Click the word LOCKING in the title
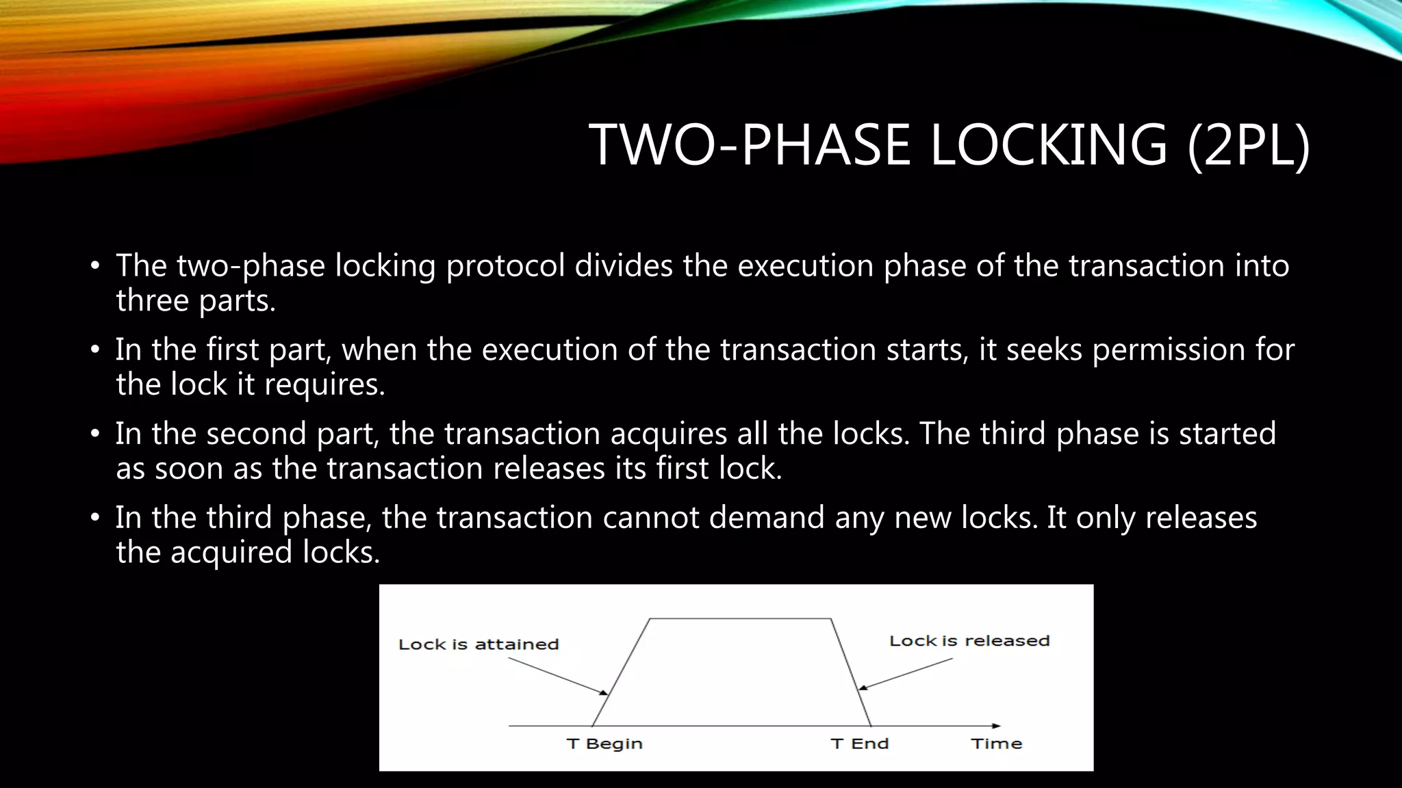tap(1047, 144)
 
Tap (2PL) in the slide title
tap(1249, 144)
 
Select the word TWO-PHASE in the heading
tap(750, 144)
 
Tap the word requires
tap(324, 384)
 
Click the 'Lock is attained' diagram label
tap(479, 644)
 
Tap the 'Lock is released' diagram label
tap(969, 641)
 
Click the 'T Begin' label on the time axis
tap(604, 744)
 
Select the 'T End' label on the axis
tap(859, 744)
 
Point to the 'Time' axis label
tap(996, 744)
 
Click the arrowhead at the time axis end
tap(996, 726)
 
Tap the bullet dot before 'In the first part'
tap(95, 350)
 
